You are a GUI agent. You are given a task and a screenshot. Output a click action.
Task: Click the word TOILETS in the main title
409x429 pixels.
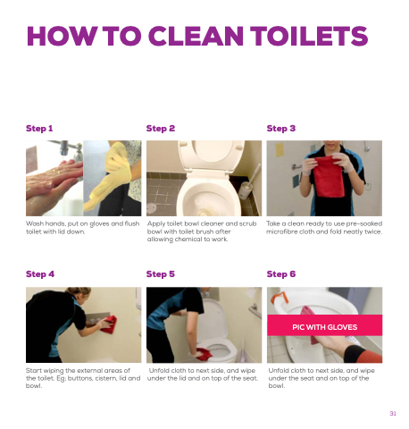[309, 36]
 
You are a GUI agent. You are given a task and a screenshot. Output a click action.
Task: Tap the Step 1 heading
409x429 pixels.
[39, 129]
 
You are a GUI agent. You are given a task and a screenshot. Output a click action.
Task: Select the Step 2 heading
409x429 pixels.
[161, 129]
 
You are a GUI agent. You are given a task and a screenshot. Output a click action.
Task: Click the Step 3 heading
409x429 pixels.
[281, 129]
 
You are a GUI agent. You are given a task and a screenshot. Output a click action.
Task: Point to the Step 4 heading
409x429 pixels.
[40, 274]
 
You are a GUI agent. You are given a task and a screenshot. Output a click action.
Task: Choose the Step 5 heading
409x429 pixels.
[161, 274]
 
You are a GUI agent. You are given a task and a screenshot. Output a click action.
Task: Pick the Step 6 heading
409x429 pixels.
[281, 274]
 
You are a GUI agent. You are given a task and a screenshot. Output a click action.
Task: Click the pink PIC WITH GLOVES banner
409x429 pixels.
[324, 325]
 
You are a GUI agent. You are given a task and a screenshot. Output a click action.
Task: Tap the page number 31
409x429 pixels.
[393, 413]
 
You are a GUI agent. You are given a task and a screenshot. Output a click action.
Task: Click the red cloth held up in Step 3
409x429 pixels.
[329, 176]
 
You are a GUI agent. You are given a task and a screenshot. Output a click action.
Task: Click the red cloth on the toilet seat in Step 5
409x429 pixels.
[204, 354]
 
